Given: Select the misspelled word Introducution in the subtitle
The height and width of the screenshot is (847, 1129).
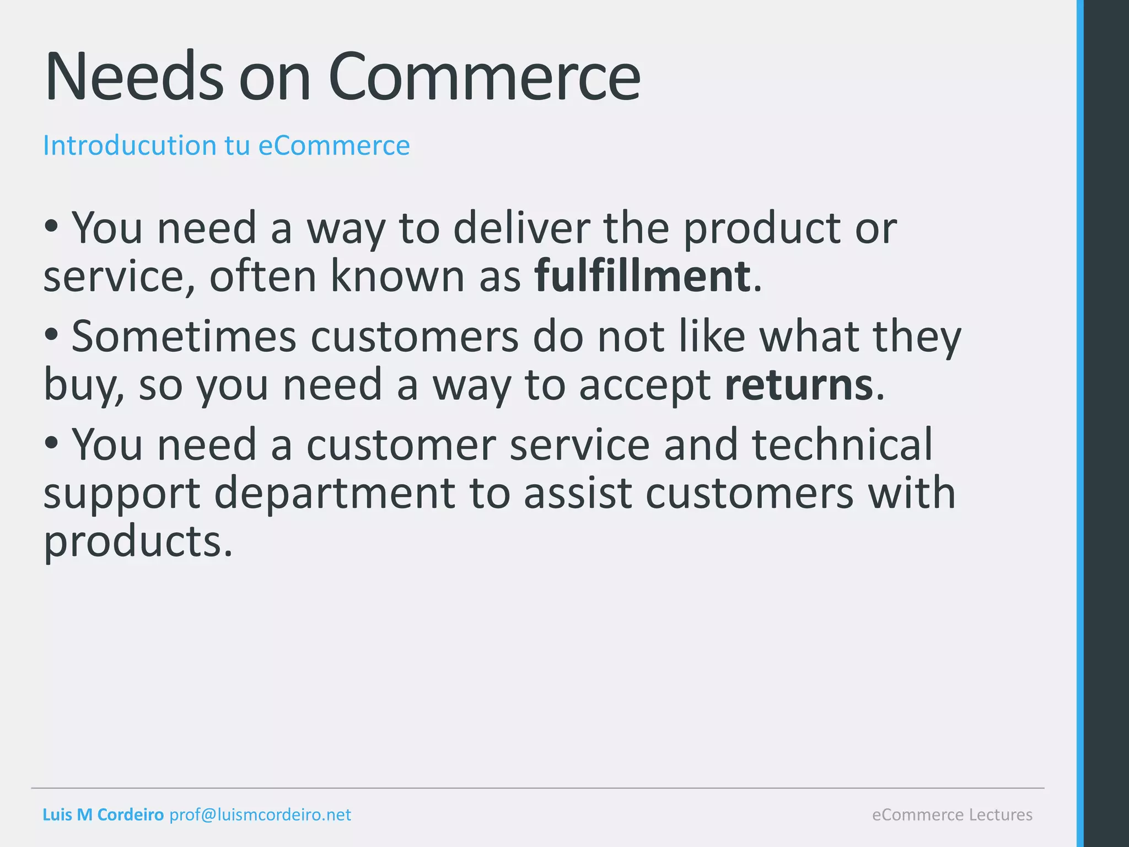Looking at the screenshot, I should (130, 146).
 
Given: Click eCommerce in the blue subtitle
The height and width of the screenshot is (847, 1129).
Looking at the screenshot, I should (334, 146).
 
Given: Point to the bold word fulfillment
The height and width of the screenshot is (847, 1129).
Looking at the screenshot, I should (642, 276).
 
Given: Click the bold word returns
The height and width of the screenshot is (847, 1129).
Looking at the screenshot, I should (799, 384).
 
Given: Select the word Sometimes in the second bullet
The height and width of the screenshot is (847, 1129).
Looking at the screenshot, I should (184, 336).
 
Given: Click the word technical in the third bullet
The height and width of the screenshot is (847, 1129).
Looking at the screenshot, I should (842, 444).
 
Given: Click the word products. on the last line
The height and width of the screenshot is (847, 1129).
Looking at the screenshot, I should (138, 542).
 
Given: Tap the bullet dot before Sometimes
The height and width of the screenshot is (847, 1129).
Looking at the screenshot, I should (51, 335).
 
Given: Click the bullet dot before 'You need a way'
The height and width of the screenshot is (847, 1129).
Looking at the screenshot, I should (51, 226).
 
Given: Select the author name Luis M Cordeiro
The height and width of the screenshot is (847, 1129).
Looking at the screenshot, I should (103, 814).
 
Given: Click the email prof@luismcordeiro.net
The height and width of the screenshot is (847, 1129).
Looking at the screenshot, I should (260, 814).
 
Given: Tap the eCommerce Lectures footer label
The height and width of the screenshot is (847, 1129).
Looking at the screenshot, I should (952, 814).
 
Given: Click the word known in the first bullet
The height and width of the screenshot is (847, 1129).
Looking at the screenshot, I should (397, 276).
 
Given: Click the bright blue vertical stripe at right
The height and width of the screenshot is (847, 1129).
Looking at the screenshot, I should (1080, 423).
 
